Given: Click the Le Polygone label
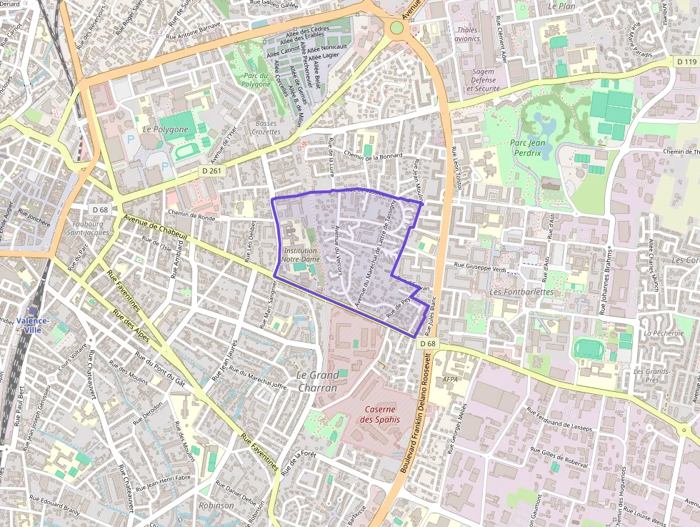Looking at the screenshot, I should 165,129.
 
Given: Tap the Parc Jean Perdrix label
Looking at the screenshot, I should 529,147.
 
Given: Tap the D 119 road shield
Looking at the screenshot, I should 686,62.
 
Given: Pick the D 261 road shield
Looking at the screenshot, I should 212,171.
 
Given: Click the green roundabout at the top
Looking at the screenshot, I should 396,28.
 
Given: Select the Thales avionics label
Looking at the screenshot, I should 467,34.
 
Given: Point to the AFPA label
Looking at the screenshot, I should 450,379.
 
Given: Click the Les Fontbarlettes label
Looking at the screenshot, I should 522,292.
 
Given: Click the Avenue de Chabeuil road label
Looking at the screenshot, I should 155,230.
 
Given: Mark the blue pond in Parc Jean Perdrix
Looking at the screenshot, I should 545,127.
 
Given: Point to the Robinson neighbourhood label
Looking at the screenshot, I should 216,506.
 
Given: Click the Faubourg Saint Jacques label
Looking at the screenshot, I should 88,227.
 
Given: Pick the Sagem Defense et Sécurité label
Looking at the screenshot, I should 484,80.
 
